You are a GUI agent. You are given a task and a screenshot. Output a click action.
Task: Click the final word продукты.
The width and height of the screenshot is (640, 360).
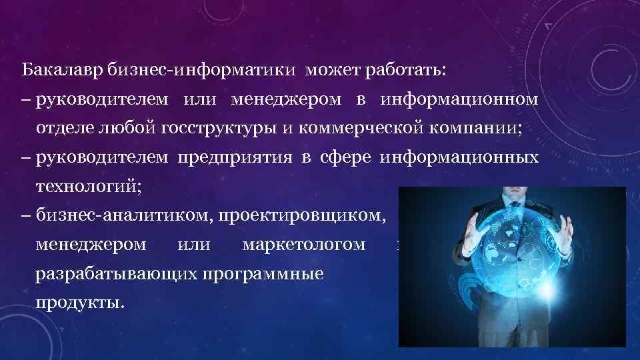coord(81,303)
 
